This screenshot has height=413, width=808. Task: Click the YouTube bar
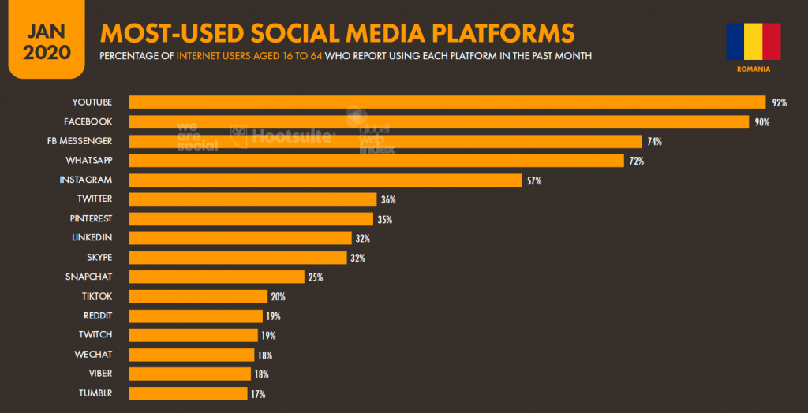tap(447, 102)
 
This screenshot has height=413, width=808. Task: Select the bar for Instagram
tap(325, 180)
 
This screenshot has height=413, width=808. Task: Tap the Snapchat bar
tap(216, 277)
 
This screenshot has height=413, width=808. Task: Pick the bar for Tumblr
tap(188, 393)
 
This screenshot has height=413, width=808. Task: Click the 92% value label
tap(780, 103)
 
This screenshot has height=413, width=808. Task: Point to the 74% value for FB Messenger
tap(653, 142)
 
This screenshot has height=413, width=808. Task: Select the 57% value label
tap(533, 180)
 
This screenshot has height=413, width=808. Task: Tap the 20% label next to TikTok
tap(278, 297)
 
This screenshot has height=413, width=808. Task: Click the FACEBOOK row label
tap(88, 121)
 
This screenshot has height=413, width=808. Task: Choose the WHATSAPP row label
tap(88, 160)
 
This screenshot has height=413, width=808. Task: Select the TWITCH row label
tap(95, 335)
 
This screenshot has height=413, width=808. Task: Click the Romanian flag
tap(753, 42)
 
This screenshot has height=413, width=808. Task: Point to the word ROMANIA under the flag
tap(753, 69)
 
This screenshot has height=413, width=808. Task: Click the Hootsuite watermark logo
tap(283, 136)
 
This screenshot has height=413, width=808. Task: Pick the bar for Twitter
tap(252, 199)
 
